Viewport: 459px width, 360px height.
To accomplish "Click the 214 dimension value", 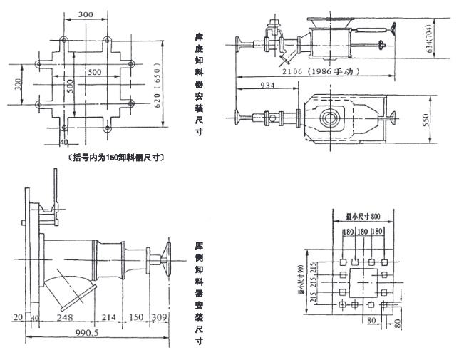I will click(x=110, y=316).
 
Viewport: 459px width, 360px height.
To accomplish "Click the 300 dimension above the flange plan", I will click(x=85, y=14).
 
